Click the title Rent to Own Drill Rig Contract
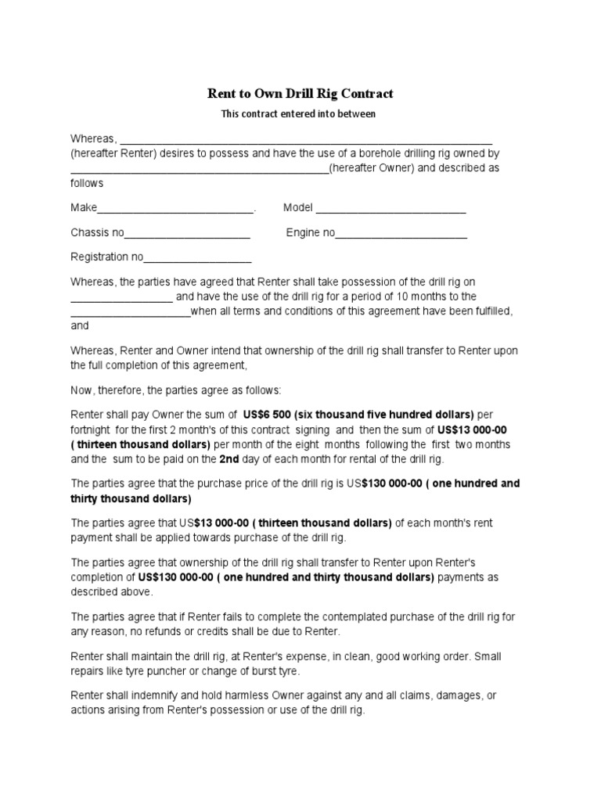click(300, 94)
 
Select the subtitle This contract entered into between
click(300, 114)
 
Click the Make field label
click(84, 208)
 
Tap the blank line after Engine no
click(401, 233)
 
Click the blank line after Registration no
click(197, 257)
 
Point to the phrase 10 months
click(398, 296)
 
